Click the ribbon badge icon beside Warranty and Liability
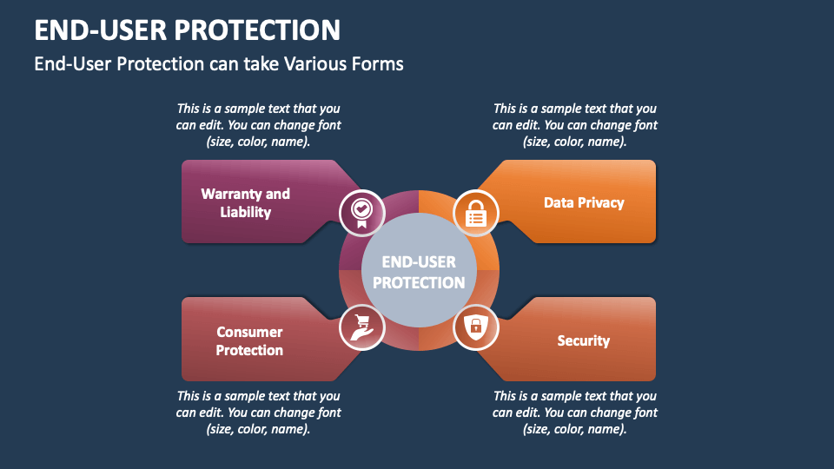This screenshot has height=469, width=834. pos(361,211)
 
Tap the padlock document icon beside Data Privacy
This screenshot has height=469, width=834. pos(476,211)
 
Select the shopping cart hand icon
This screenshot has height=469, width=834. pos(361,327)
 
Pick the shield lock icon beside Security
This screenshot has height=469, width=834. pos(476,327)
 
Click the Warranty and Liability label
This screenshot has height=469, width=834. pos(246,203)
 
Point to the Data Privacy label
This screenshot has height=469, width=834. pos(584,202)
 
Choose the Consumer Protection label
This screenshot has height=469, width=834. pos(249,341)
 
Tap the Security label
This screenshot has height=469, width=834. pos(584,340)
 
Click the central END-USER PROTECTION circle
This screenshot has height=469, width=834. pos(419,272)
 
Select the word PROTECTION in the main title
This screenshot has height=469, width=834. pos(257,30)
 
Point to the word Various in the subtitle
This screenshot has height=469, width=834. pos(317,64)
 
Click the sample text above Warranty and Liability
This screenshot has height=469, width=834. pos(258,125)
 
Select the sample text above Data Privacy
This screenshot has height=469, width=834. pos(575,125)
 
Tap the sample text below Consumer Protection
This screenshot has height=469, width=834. pos(258,413)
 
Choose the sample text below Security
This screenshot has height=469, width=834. pos(575,413)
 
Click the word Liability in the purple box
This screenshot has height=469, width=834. pos(246,213)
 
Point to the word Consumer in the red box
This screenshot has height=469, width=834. pos(249,332)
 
